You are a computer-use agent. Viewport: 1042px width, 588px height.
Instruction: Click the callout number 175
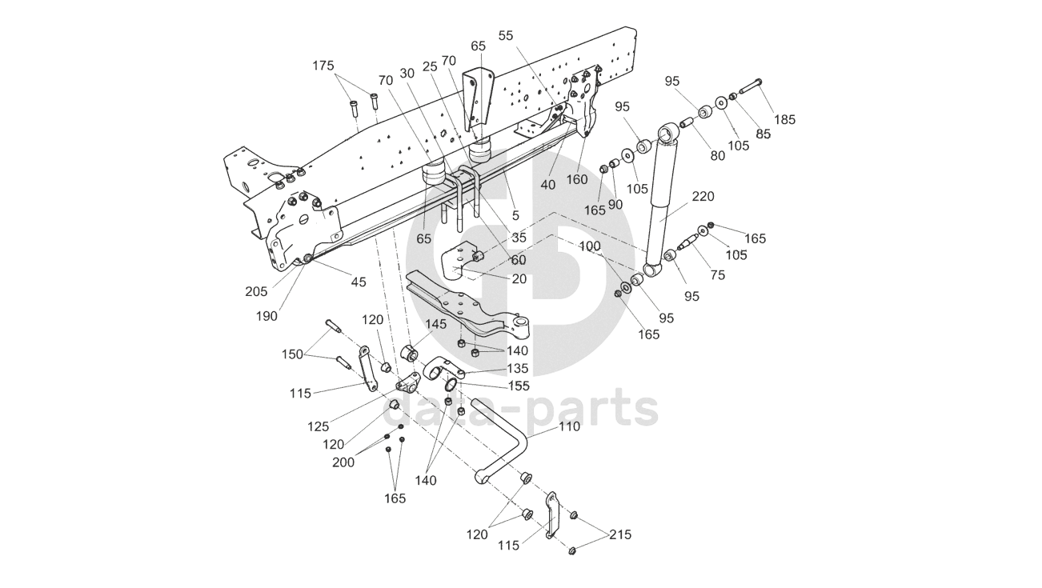point(323,66)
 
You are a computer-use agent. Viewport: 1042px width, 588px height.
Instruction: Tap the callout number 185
point(785,120)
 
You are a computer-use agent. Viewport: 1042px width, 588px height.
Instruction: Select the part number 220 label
point(704,196)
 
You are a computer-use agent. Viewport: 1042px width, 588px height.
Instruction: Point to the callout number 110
point(570,426)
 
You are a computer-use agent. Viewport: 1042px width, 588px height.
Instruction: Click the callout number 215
point(620,534)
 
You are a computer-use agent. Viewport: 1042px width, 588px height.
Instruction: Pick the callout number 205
point(256,291)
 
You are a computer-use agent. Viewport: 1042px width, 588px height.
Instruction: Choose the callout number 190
point(267,316)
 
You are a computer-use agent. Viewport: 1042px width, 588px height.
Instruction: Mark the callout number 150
point(293,354)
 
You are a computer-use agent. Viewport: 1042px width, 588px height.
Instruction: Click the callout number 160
point(577,179)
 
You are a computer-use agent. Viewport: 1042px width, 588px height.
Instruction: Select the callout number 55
point(506,35)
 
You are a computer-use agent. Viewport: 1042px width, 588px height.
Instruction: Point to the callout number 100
point(589,247)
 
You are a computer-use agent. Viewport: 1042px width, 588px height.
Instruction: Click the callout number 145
point(436,324)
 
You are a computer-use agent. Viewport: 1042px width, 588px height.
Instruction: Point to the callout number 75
point(717,274)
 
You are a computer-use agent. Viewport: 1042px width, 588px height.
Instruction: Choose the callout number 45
point(358,282)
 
